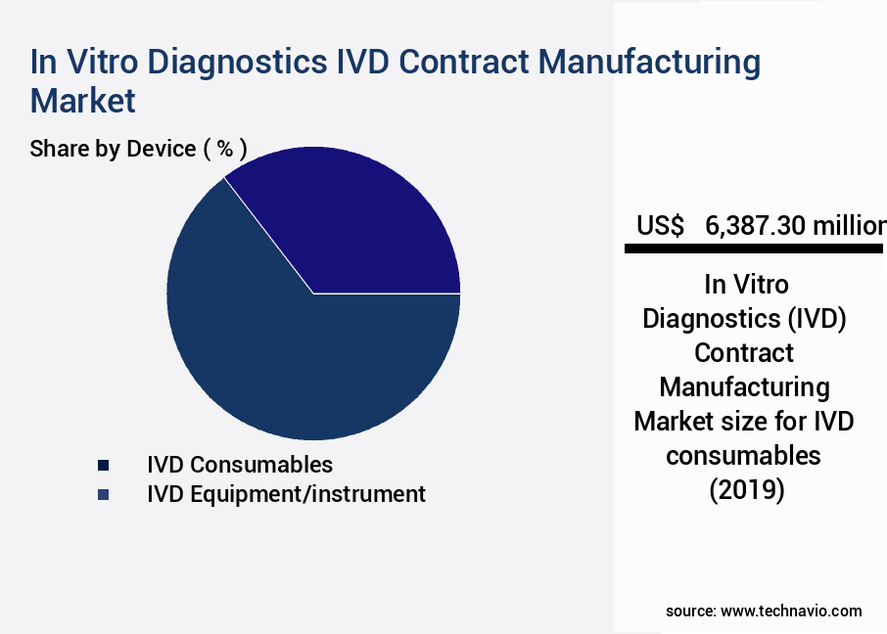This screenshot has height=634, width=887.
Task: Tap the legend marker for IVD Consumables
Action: tap(103, 465)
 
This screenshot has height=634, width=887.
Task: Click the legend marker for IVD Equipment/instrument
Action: tap(103, 495)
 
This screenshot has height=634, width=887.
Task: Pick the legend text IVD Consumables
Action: tap(240, 465)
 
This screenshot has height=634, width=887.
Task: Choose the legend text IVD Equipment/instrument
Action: tap(286, 494)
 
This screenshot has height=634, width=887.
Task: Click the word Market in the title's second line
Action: tap(82, 100)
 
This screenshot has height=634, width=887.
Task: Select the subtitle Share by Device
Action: tap(113, 149)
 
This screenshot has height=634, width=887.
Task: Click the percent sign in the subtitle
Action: tap(225, 149)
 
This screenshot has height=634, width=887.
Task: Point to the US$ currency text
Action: tap(660, 226)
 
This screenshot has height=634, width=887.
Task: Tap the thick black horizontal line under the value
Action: tap(755, 249)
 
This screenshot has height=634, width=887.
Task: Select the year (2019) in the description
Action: tap(747, 490)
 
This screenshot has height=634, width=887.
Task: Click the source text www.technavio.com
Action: tap(791, 611)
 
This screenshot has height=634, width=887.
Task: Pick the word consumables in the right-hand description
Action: tap(743, 456)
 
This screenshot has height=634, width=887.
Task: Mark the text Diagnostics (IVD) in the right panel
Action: tap(744, 319)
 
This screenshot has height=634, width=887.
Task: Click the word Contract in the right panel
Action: tap(744, 352)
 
